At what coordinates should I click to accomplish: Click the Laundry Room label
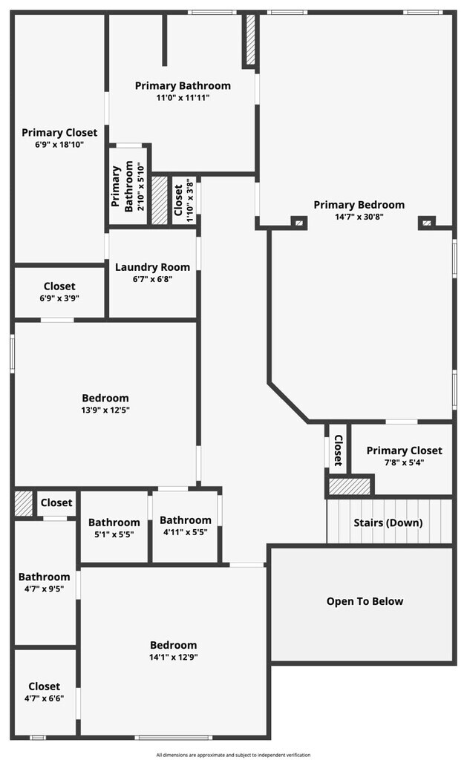click(152, 267)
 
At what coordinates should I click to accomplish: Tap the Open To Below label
click(365, 601)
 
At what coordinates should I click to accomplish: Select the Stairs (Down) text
click(388, 522)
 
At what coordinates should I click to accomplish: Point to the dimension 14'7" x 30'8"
click(359, 217)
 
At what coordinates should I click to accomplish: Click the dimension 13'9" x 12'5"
click(105, 410)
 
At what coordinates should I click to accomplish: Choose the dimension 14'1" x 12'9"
click(173, 657)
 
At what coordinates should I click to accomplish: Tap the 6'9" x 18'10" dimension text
click(59, 145)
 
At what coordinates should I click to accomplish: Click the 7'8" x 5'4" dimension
click(404, 462)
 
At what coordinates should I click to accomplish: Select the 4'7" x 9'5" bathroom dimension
click(45, 589)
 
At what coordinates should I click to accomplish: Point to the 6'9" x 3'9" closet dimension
click(59, 298)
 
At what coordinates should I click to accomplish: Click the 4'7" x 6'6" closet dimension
click(45, 698)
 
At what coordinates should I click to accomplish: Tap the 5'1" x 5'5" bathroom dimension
click(114, 534)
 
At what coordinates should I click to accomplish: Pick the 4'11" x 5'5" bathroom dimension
click(185, 532)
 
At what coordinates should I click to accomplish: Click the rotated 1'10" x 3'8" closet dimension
click(190, 200)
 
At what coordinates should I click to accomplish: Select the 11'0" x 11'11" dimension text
click(183, 98)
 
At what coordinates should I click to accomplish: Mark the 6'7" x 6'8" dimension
click(152, 279)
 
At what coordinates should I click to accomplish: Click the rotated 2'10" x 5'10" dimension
click(141, 189)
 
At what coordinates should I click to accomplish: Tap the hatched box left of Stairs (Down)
click(349, 487)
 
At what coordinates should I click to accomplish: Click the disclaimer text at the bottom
click(233, 755)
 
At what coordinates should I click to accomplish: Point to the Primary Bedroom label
click(359, 205)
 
